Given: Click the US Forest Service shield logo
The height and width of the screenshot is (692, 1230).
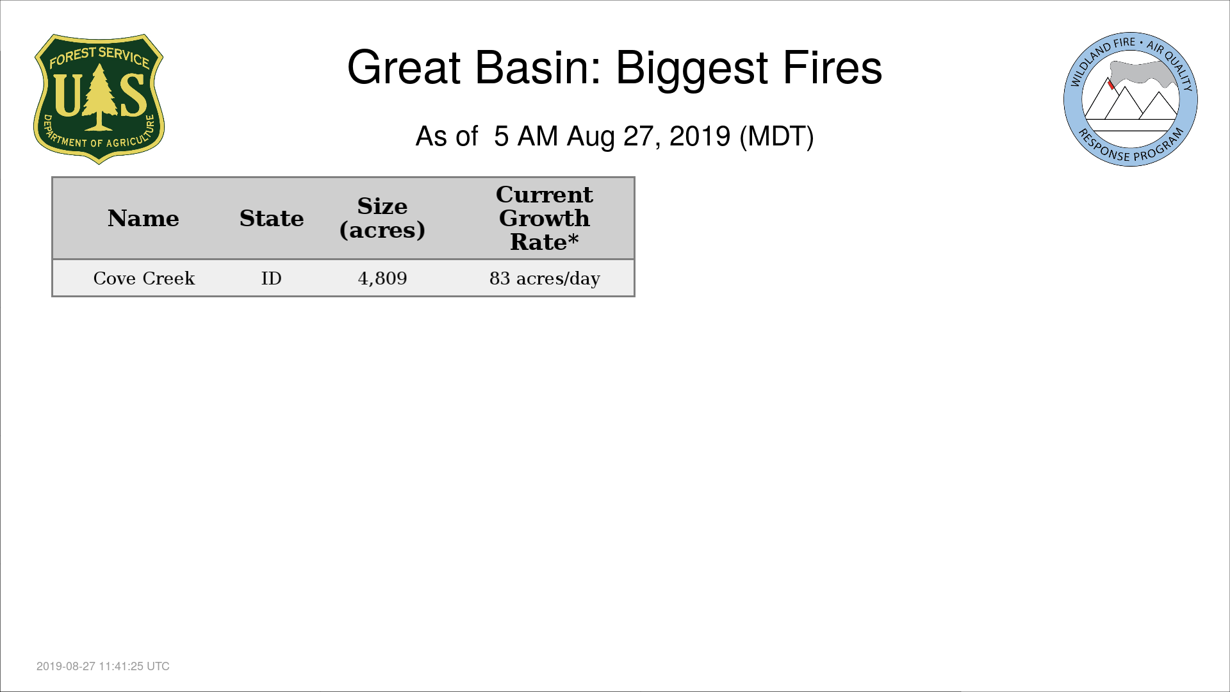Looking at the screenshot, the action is tap(99, 99).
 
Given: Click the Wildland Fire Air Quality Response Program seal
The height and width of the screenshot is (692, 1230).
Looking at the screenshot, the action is tap(1131, 99).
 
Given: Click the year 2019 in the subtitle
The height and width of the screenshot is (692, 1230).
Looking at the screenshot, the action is tap(700, 136).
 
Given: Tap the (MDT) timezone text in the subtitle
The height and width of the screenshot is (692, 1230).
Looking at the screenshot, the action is tap(776, 136).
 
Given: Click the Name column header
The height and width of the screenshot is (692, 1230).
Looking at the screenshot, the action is tap(143, 218).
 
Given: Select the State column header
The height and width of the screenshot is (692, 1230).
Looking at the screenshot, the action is tap(272, 218).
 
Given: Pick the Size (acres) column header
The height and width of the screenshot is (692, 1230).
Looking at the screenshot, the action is tap(382, 218).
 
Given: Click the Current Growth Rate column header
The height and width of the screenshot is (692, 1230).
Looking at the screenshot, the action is tap(545, 218).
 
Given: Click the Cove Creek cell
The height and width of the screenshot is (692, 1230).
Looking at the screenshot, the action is tap(144, 278).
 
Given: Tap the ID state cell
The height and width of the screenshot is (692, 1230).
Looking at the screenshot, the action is tap(272, 278).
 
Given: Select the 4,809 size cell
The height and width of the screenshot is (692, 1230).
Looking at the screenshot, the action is tap(382, 279).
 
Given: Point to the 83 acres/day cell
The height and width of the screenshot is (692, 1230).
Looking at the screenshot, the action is tap(545, 279).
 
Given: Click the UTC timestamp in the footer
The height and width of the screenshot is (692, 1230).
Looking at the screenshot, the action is tap(103, 666).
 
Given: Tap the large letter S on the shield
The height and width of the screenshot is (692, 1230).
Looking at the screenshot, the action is tap(133, 95).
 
